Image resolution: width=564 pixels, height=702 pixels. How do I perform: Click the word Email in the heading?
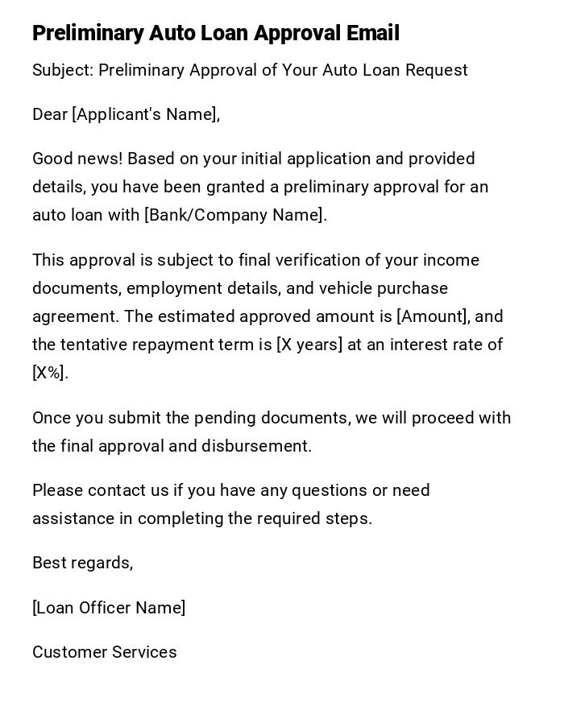372,33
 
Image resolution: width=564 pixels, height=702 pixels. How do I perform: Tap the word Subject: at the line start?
63,70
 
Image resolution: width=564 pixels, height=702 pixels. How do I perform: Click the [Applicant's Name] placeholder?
146,114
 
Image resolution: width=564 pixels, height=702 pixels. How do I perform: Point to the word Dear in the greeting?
50,114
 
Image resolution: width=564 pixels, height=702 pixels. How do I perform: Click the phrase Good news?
77,159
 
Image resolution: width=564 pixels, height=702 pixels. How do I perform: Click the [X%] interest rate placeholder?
49,373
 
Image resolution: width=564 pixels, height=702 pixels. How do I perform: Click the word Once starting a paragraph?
52,418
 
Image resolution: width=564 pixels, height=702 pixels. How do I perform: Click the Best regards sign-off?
82,563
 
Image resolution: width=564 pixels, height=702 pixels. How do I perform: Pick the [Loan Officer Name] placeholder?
109,608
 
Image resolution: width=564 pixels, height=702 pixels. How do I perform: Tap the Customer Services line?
105,652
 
